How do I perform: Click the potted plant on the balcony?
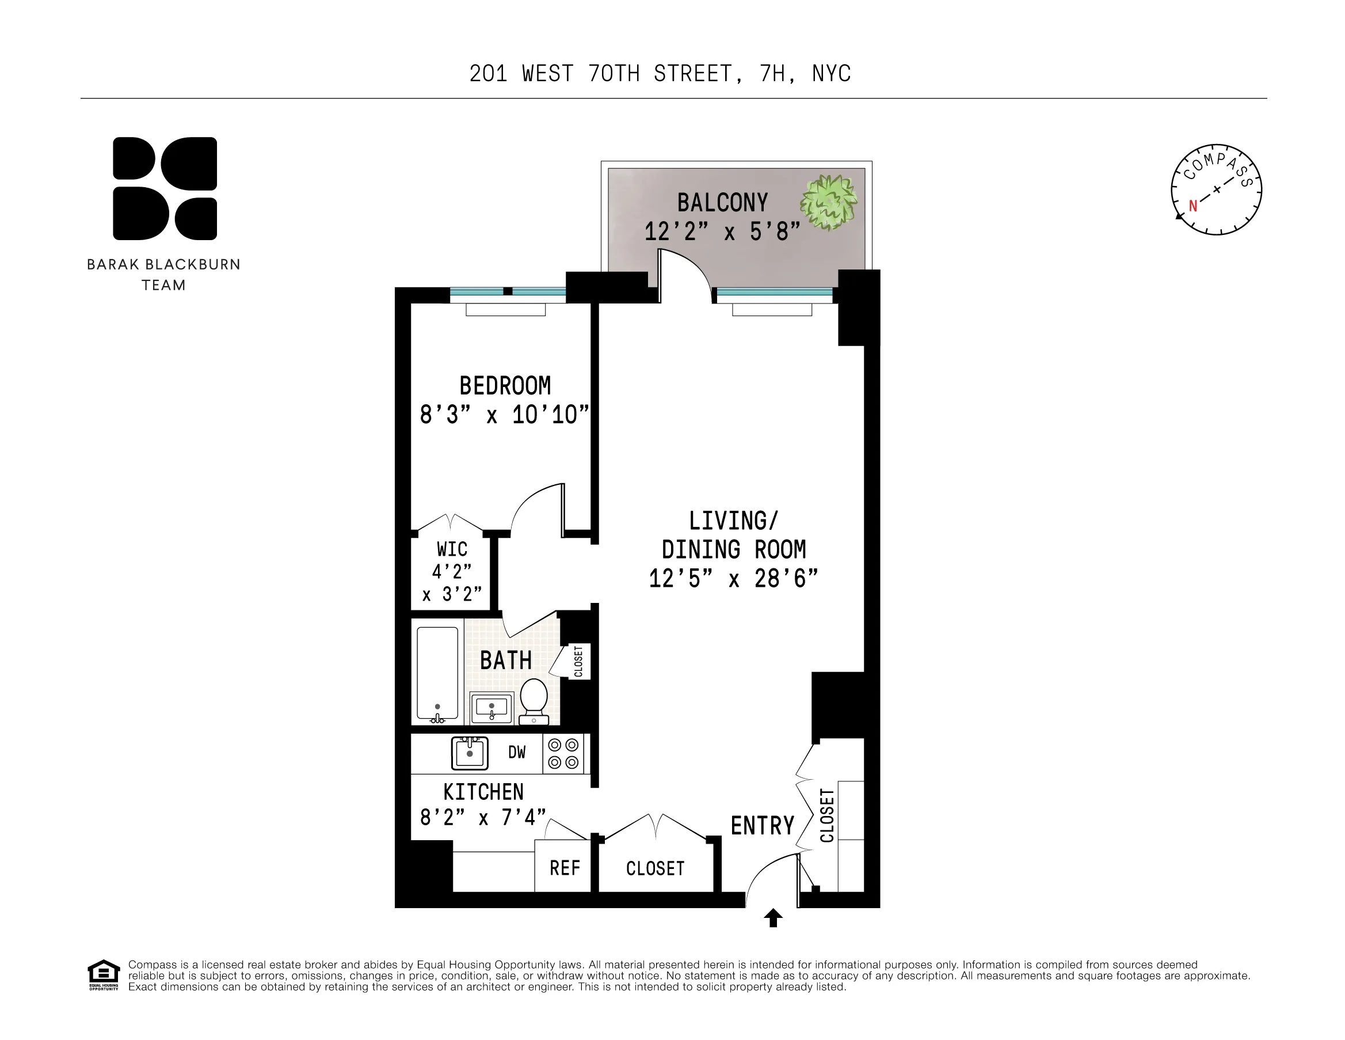click(x=828, y=202)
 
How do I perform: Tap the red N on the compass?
click(x=1192, y=206)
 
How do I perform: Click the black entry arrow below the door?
click(x=773, y=917)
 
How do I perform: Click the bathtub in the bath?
click(x=437, y=673)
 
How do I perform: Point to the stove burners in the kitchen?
click(x=563, y=753)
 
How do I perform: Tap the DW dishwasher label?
click(x=517, y=752)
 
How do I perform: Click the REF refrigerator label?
click(x=564, y=868)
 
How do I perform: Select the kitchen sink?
click(x=469, y=753)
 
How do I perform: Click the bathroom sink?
click(x=491, y=708)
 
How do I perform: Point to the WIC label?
click(x=452, y=549)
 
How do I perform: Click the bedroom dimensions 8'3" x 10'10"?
click(x=504, y=415)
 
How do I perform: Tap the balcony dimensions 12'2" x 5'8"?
click(x=722, y=232)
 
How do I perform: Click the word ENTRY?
click(x=762, y=826)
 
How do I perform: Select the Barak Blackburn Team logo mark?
click(x=165, y=188)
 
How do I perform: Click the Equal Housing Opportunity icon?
click(x=103, y=975)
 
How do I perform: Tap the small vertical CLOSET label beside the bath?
click(x=578, y=662)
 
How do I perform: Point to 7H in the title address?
click(x=772, y=74)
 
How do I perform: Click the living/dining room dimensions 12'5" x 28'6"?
click(x=733, y=579)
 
